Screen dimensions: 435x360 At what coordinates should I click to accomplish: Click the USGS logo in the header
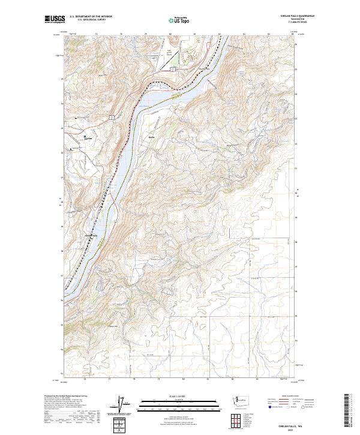56,19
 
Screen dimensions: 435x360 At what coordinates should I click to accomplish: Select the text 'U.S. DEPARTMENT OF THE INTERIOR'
91,17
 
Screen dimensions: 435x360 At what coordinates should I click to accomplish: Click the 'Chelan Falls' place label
91,235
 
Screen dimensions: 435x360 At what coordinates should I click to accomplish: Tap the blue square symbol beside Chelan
85,136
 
